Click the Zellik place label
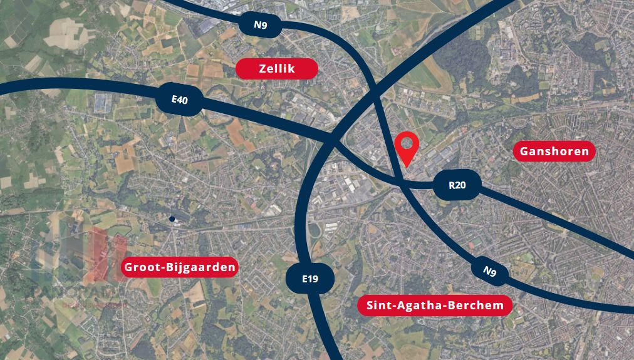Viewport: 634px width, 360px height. (x=276, y=69)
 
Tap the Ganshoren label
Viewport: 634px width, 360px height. (x=554, y=151)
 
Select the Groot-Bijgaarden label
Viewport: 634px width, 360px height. (x=180, y=268)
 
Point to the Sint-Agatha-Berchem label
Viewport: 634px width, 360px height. (x=435, y=305)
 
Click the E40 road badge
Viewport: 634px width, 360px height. (x=179, y=99)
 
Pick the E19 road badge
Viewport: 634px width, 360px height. (x=309, y=279)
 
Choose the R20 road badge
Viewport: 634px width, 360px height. (x=457, y=185)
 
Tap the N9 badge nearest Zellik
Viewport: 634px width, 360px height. (x=261, y=25)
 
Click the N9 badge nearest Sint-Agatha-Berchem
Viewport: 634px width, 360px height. (x=489, y=271)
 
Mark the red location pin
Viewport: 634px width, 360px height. (x=407, y=148)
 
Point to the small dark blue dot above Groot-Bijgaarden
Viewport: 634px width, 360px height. (x=172, y=219)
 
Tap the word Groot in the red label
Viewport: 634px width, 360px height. (x=141, y=268)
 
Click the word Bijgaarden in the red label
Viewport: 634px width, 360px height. (x=200, y=268)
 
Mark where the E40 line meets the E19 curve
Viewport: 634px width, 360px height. (x=332, y=141)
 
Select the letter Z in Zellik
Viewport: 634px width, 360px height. (x=262, y=69)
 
